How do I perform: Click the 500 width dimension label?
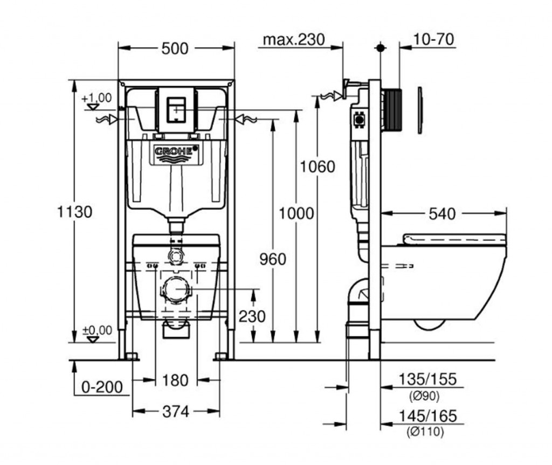[175, 48]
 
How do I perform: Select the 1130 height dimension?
[74, 212]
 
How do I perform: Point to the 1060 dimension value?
[317, 166]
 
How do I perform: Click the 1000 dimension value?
[296, 214]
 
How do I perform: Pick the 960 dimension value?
[273, 259]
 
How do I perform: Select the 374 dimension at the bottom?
[176, 411]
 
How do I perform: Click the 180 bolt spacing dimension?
[175, 380]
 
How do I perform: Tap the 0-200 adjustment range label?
[102, 387]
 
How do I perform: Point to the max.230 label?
[294, 40]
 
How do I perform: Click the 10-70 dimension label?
[433, 39]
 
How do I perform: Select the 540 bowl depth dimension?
[442, 214]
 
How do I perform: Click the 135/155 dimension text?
[427, 379]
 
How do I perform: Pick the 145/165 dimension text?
[427, 416]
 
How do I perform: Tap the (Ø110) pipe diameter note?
[425, 432]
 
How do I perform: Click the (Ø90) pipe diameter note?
[425, 397]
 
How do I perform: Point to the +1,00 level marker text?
[96, 98]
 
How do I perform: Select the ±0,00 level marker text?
[97, 330]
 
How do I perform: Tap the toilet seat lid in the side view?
[454, 239]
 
